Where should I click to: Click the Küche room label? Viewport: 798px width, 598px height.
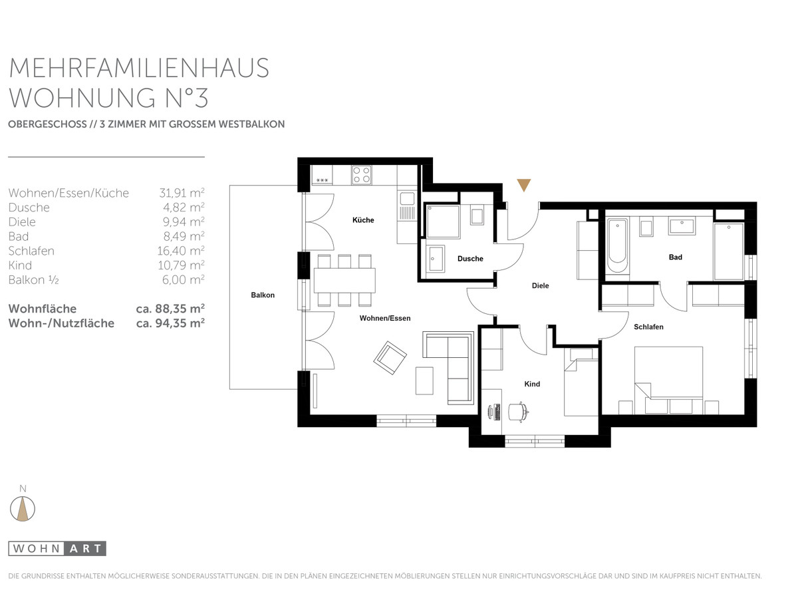pos(363,220)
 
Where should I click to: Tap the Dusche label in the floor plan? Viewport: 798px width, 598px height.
pos(470,259)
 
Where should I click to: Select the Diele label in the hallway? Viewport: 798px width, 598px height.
pos(540,285)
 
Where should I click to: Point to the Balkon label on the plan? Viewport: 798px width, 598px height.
pos(263,295)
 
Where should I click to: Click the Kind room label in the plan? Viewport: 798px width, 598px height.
pos(532,384)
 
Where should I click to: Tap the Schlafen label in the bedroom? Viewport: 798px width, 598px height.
pos(648,327)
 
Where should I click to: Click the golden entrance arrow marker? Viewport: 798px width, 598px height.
pos(524,185)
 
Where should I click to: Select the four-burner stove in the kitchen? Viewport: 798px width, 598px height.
pos(361,175)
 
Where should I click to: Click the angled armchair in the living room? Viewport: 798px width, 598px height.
pos(390,358)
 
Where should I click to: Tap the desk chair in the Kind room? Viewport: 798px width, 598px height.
pos(517,412)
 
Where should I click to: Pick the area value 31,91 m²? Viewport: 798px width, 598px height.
pos(182,193)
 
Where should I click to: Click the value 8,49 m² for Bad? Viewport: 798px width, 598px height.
pos(184,236)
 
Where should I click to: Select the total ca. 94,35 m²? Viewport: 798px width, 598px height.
pos(170,323)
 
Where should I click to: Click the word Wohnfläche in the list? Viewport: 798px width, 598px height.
pos(43,309)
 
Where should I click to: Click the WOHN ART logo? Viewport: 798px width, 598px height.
pos(57,549)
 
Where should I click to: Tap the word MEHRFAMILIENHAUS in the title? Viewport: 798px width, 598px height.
pos(139,68)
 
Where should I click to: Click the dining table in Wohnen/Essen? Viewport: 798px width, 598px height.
pos(344,280)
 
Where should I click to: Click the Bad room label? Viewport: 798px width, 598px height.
pos(676,257)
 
